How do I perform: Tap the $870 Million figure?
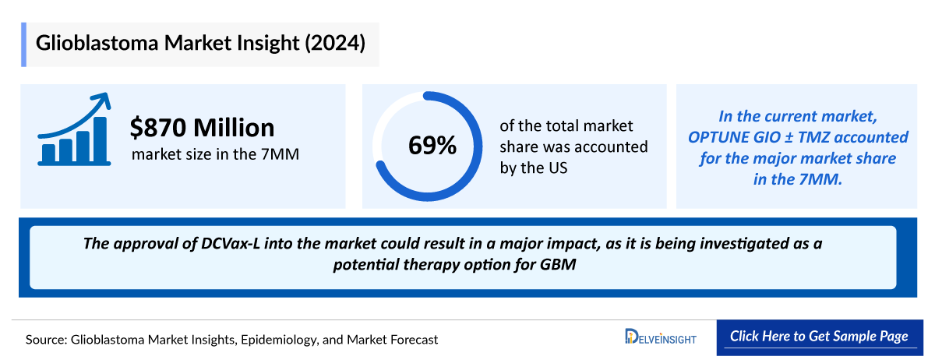pyautogui.click(x=203, y=127)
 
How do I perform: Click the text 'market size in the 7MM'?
pyautogui.click(x=215, y=154)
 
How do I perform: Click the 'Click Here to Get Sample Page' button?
pyautogui.click(x=819, y=337)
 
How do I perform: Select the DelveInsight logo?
pyautogui.click(x=662, y=337)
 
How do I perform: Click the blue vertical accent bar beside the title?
pyautogui.click(x=24, y=44)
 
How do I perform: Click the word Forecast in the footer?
pyautogui.click(x=411, y=340)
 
